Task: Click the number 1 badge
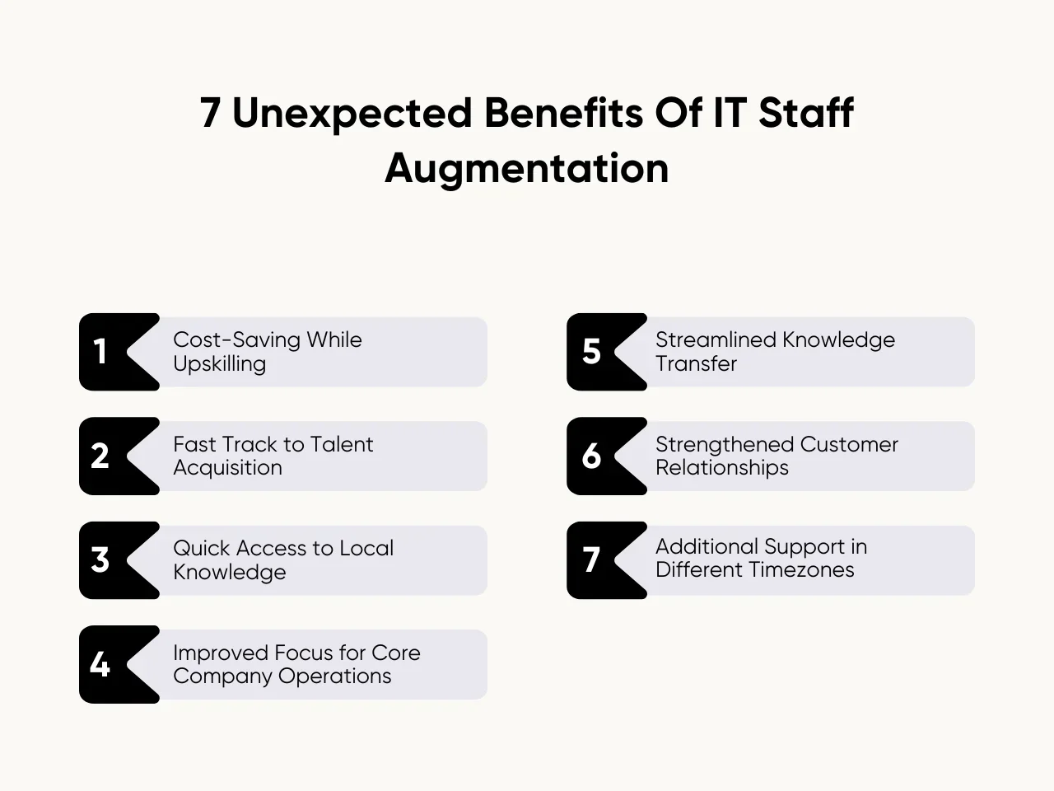click(101, 352)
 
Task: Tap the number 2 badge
click(100, 456)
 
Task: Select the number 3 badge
click(100, 560)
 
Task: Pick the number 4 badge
click(100, 664)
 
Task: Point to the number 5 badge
click(591, 352)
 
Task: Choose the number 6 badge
click(591, 456)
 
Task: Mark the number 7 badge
click(591, 560)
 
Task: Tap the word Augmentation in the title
click(526, 168)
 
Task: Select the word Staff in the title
click(805, 114)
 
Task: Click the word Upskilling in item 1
click(219, 364)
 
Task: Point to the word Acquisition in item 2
click(227, 468)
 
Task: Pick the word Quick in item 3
click(200, 548)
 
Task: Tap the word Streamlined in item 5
click(715, 339)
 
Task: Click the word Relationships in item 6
click(721, 468)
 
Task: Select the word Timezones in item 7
click(803, 570)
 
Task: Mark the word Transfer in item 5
click(696, 364)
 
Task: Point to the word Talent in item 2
click(342, 444)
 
